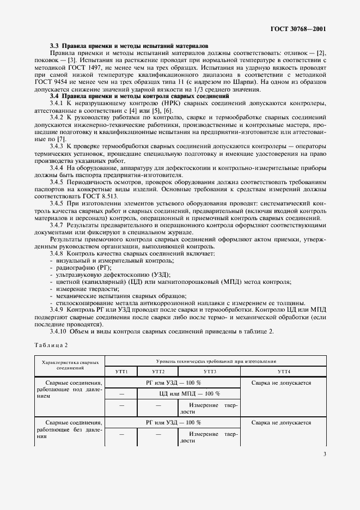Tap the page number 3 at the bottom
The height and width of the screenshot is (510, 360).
pos(324,454)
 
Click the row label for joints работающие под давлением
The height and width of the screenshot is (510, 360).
pos(69,390)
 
